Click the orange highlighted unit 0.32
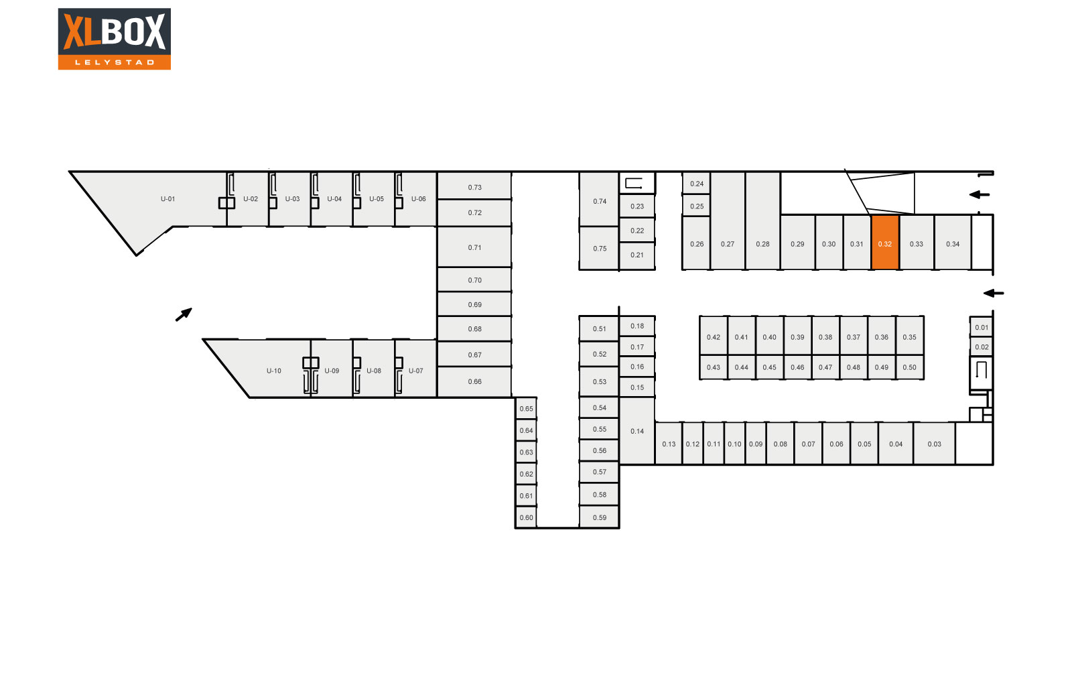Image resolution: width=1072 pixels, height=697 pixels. tap(885, 243)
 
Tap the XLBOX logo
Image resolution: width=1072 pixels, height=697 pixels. tap(115, 39)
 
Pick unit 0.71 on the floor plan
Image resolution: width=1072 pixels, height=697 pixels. tap(474, 247)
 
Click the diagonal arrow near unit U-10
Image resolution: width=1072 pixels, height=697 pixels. tap(184, 314)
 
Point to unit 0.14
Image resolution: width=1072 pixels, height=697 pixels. tap(637, 431)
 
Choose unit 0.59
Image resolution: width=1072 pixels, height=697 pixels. tap(599, 517)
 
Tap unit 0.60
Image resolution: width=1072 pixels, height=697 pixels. tap(526, 517)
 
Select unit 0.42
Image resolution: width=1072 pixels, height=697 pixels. tap(714, 336)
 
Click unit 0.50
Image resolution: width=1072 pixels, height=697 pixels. tap(910, 367)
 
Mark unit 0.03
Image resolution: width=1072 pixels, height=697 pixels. tap(934, 443)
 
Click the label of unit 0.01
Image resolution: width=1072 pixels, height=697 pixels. tap(982, 328)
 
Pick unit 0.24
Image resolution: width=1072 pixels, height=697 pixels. tap(696, 184)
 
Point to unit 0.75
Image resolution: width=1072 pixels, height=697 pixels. tap(599, 248)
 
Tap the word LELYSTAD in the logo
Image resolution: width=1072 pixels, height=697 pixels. tap(115, 62)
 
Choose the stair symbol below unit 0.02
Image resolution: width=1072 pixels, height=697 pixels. tap(981, 369)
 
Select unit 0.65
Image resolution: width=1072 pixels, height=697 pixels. tap(526, 408)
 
